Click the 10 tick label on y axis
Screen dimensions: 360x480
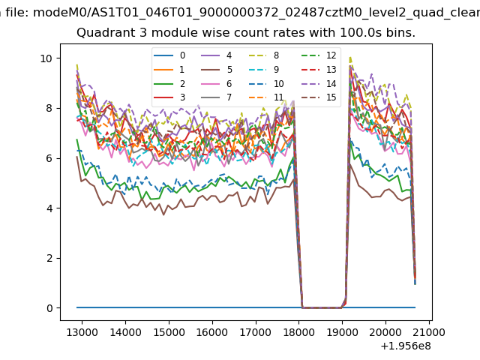coord(46,58)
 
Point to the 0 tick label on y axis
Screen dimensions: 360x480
coord(49,308)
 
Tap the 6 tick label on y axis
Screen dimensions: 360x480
coord(49,158)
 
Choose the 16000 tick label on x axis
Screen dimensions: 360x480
coord(212,331)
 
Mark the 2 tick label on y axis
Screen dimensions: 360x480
coord(49,258)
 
